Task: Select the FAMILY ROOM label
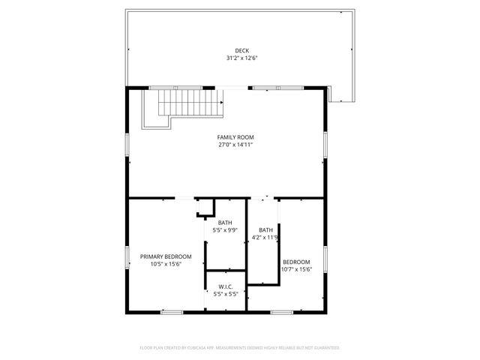pyautogui.click(x=235, y=137)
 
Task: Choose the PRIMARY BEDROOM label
pyautogui.click(x=166, y=256)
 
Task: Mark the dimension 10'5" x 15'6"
pyautogui.click(x=166, y=263)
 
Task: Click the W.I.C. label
pyautogui.click(x=226, y=286)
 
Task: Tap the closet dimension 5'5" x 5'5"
pyautogui.click(x=226, y=293)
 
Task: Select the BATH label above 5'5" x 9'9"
pyautogui.click(x=225, y=223)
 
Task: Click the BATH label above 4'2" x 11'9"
pyautogui.click(x=266, y=230)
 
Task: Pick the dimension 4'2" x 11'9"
pyautogui.click(x=265, y=237)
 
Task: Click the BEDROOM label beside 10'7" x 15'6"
pyautogui.click(x=296, y=262)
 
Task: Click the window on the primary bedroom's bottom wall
pyautogui.click(x=172, y=311)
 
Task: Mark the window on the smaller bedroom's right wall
pyautogui.click(x=325, y=257)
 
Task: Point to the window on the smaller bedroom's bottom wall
pyautogui.click(x=281, y=311)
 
